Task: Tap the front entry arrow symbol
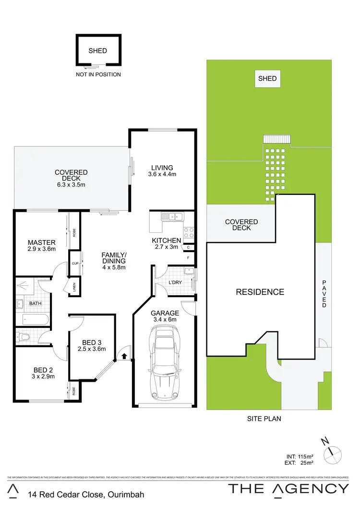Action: [124, 356]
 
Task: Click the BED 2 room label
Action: [43, 370]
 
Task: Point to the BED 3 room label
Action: [91, 342]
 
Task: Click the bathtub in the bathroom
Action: [32, 320]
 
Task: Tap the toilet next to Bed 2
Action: [22, 337]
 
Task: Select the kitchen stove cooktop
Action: [189, 233]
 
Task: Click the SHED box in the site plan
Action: [267, 78]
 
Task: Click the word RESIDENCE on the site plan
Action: [260, 291]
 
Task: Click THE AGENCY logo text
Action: [288, 489]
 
